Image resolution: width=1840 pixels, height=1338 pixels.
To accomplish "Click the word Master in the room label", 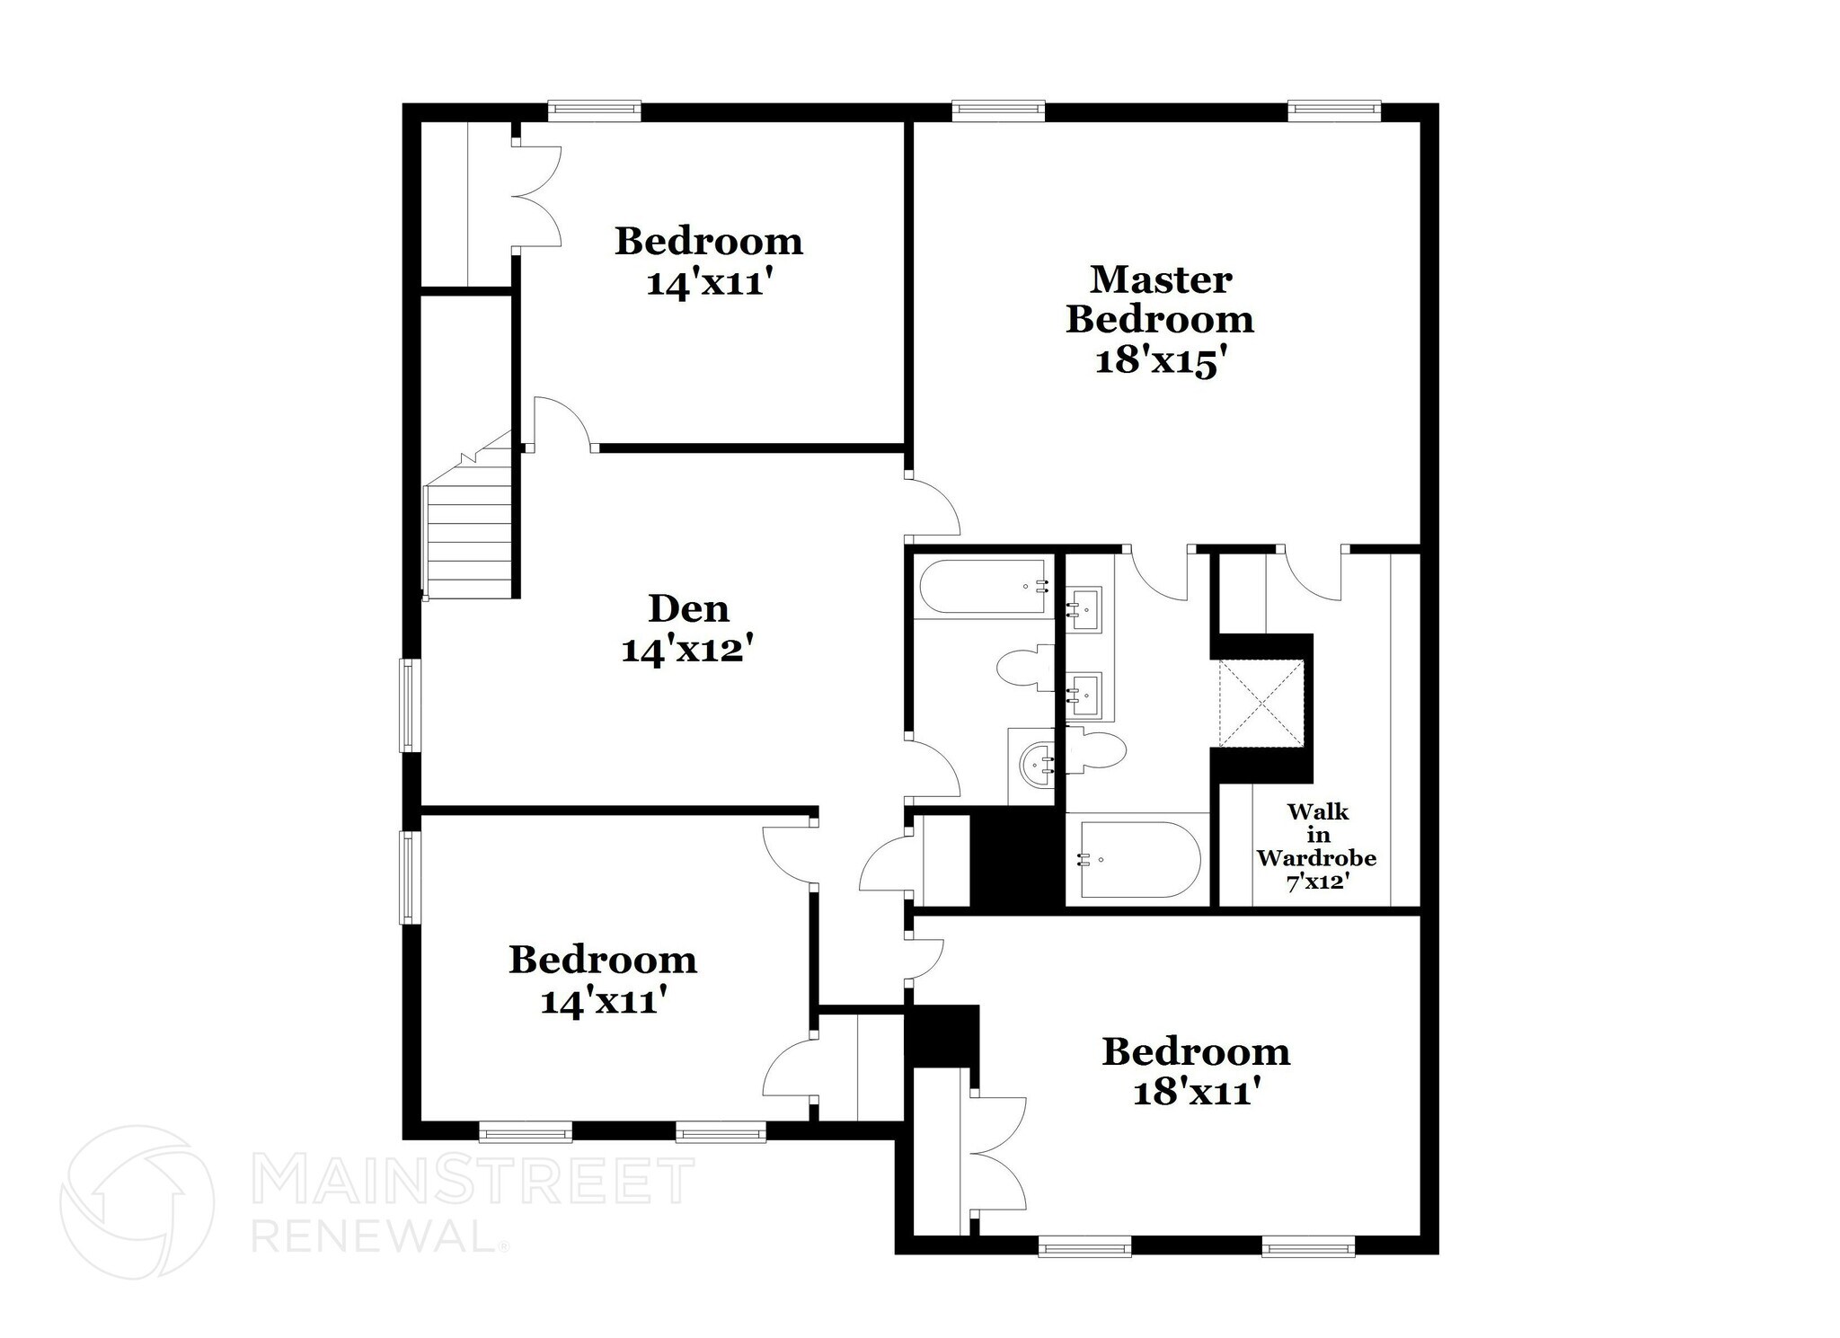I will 1160,279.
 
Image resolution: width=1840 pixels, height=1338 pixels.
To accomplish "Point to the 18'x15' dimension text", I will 1160,361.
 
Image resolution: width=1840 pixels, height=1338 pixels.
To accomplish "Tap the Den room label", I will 688,609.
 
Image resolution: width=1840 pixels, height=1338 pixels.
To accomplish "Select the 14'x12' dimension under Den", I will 686,650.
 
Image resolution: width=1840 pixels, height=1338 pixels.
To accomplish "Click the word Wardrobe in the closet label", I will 1316,857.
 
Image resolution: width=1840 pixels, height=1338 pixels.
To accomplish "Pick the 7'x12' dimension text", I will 1317,882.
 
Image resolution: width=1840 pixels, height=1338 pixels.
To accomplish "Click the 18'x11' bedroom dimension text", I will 1195,1094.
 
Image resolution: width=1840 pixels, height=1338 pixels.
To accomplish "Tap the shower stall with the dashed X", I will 1260,703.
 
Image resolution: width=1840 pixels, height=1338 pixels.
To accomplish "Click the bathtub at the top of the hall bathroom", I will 984,587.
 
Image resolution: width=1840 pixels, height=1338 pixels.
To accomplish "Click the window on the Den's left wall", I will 410,704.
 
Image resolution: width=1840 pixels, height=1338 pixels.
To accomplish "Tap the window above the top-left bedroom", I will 594,111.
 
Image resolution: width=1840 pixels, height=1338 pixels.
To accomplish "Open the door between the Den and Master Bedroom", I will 933,507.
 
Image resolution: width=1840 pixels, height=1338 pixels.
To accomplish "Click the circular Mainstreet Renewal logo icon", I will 137,1201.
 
